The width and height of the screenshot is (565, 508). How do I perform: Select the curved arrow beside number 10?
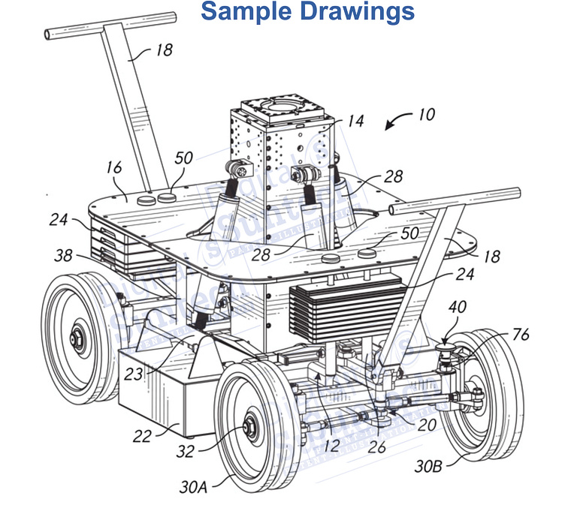coord(397,120)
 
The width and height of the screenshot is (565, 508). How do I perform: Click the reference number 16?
coord(113,167)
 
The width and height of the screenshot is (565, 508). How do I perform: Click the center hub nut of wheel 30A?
coord(247,431)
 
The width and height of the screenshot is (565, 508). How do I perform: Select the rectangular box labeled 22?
coord(150,394)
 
